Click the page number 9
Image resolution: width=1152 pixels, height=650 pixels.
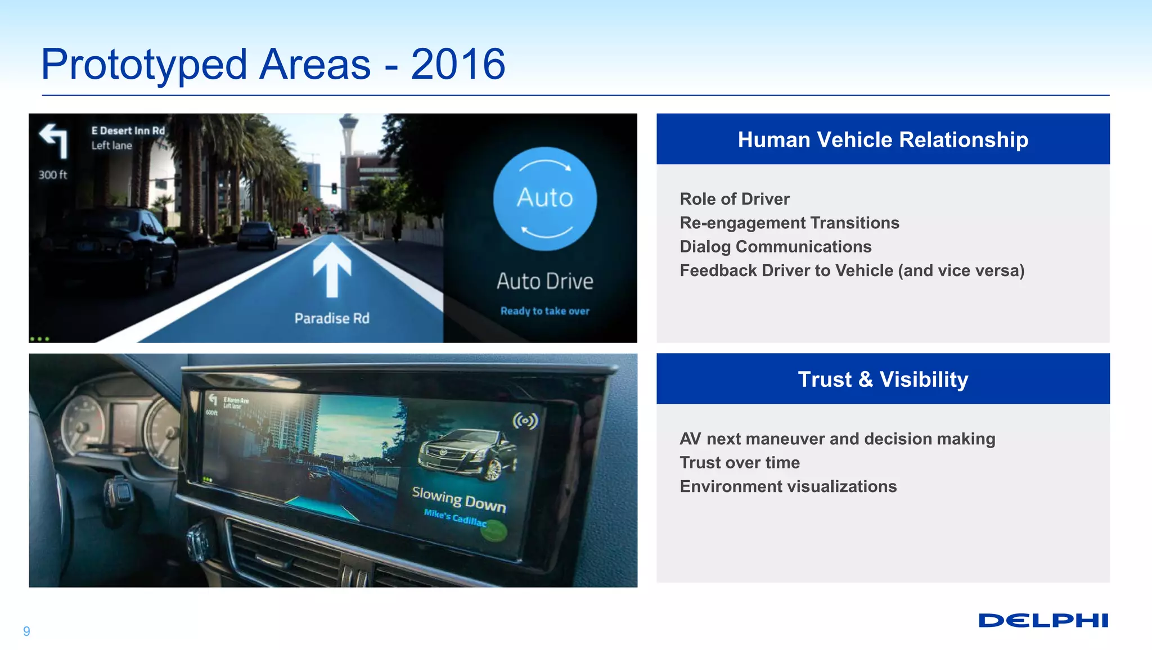pos(26,631)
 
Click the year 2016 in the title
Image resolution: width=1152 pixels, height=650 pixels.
pos(457,64)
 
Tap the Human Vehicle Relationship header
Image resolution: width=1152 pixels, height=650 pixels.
pos(883,139)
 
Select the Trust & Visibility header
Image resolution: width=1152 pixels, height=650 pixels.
pos(883,379)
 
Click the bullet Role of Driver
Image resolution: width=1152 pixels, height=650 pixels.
pos(734,199)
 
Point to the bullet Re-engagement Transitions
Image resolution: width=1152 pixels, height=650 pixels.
pos(789,223)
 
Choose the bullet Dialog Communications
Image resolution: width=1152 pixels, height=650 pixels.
pos(775,246)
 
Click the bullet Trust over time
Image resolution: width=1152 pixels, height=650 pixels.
pos(739,462)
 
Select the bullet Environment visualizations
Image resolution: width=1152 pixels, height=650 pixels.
pos(787,486)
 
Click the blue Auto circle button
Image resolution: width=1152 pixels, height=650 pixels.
pos(544,198)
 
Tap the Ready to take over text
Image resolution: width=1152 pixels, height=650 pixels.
pos(544,311)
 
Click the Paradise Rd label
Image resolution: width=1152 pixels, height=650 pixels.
pos(332,318)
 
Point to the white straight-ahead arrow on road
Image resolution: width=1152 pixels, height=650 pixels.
pos(332,269)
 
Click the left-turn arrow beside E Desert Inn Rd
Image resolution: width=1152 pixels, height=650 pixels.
pos(54,139)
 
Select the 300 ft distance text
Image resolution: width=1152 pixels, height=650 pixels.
pos(52,175)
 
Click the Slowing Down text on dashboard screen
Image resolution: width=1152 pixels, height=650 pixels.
pos(458,499)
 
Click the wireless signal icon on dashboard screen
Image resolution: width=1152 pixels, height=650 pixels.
pos(525,421)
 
